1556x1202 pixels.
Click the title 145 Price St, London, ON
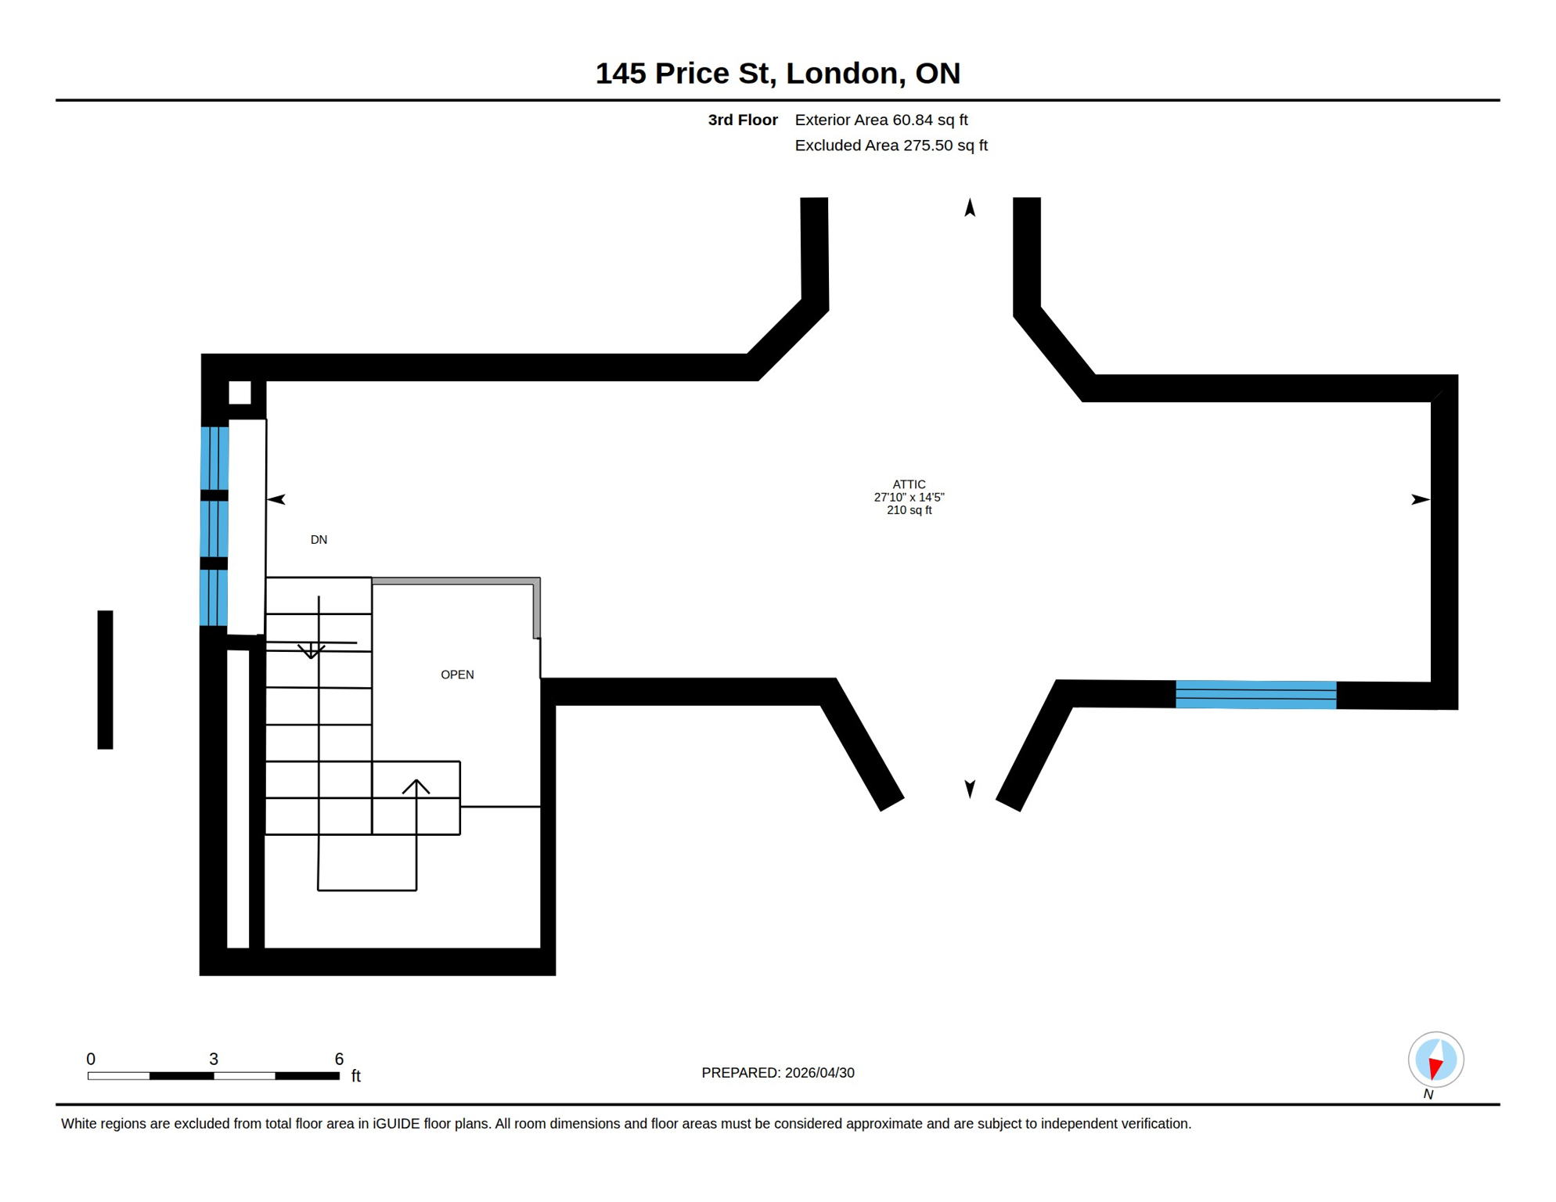click(x=777, y=73)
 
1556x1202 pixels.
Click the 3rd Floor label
click(x=742, y=120)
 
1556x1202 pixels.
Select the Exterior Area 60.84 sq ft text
click(x=881, y=120)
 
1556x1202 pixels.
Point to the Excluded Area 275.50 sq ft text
click(x=891, y=146)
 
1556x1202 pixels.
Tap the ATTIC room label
click(x=909, y=484)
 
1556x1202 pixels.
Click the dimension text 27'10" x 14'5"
click(x=909, y=497)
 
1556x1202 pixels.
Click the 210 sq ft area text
click(x=909, y=510)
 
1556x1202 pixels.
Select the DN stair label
click(x=319, y=540)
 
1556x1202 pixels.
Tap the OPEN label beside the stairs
click(x=457, y=675)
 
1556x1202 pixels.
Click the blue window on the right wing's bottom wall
click(x=1255, y=695)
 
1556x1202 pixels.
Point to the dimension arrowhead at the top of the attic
click(x=970, y=207)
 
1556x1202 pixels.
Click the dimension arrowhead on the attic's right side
click(x=1420, y=499)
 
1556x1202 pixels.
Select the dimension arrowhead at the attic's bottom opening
click(x=970, y=788)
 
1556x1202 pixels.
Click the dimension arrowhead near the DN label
click(x=276, y=499)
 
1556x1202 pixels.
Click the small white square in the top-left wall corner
click(x=240, y=392)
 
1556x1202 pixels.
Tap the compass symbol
click(x=1435, y=1060)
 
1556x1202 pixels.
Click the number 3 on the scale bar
click(x=214, y=1059)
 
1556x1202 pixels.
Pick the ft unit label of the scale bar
click(x=356, y=1076)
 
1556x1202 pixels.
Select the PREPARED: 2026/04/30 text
click(x=777, y=1073)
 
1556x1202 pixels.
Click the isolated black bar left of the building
click(x=105, y=679)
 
